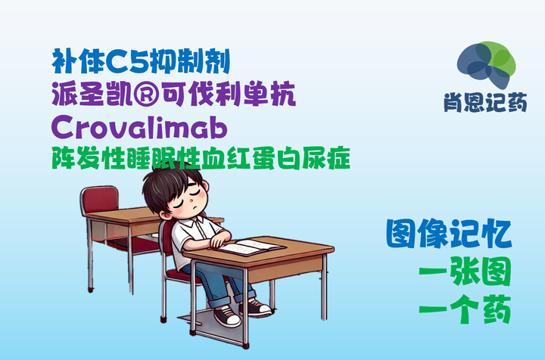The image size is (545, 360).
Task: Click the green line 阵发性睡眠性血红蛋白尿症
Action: point(201,158)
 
